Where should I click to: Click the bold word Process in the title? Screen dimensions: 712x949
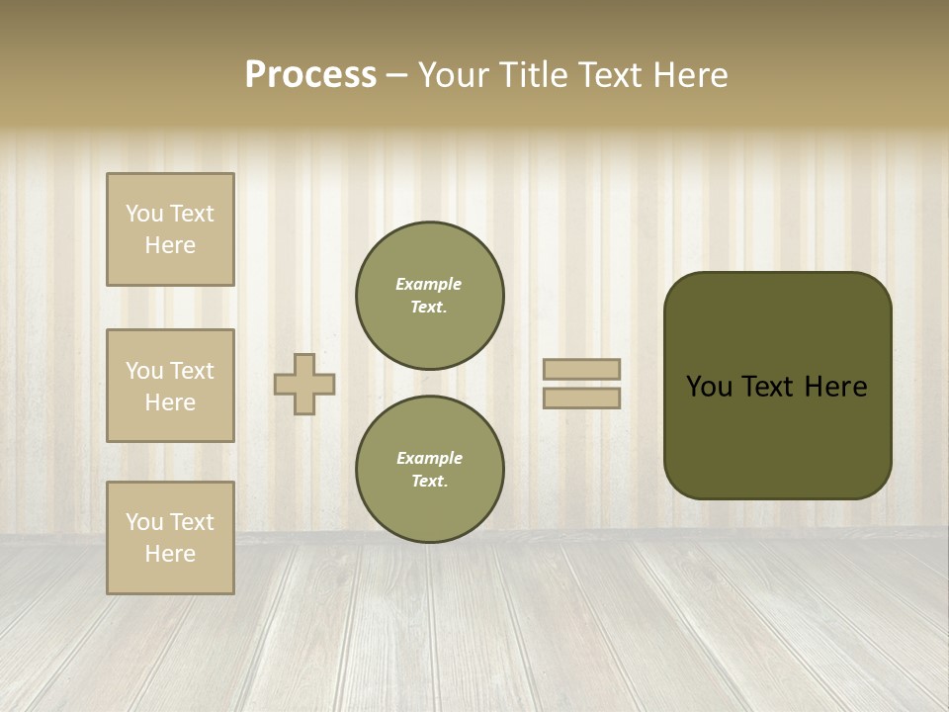pyautogui.click(x=310, y=75)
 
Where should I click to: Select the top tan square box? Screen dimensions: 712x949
pyautogui.click(x=170, y=229)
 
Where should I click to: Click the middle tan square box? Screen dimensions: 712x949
pyautogui.click(x=170, y=386)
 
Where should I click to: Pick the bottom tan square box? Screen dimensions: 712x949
pyautogui.click(x=170, y=538)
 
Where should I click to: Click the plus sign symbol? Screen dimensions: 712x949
pyautogui.click(x=304, y=384)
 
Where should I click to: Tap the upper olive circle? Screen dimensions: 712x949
pyautogui.click(x=430, y=296)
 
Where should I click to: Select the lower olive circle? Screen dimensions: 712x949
pyautogui.click(x=430, y=470)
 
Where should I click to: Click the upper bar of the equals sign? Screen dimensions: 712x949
pyautogui.click(x=582, y=369)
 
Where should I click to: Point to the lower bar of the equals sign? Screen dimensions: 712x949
pyautogui.click(x=582, y=399)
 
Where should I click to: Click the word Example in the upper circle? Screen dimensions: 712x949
pyautogui.click(x=429, y=284)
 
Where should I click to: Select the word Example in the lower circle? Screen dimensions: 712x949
pyautogui.click(x=429, y=458)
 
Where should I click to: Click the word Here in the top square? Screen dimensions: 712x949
pyautogui.click(x=170, y=245)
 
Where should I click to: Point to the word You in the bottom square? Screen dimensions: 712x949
pyautogui.click(x=143, y=522)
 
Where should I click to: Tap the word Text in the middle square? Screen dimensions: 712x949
pyautogui.click(x=191, y=371)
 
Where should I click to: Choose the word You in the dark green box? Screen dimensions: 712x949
pyautogui.click(x=709, y=387)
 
